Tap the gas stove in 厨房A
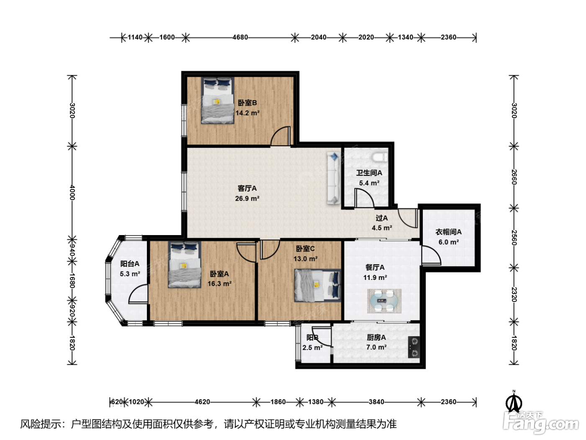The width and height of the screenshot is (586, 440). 414,347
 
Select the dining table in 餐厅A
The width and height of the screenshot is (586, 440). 384,301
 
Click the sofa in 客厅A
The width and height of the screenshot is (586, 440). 334,178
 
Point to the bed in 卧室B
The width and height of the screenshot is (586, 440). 218,101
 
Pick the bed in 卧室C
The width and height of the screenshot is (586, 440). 318,285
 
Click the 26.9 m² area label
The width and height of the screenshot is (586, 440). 247,199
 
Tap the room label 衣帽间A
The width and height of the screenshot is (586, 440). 449,232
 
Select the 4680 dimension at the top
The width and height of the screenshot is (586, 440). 240,37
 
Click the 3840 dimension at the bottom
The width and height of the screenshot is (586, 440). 376,402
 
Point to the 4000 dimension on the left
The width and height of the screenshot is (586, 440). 72,192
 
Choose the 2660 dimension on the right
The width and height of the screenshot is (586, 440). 514,177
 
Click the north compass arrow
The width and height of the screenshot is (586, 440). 514,401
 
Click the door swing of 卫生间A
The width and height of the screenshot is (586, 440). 365,198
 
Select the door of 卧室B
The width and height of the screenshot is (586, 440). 280,136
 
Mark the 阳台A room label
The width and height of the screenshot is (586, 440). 130,264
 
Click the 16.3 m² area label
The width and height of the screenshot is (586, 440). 219,284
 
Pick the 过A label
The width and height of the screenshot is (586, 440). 382,218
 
